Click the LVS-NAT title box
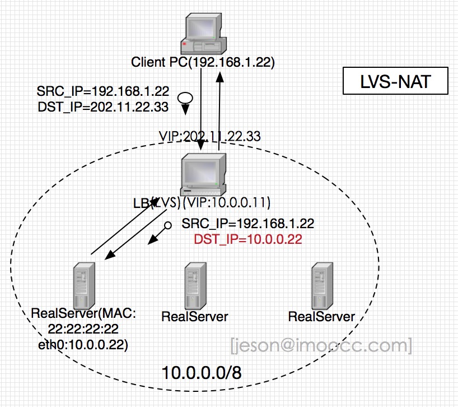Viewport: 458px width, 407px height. pyautogui.click(x=395, y=82)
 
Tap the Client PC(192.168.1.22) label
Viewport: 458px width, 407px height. pyautogui.click(x=203, y=62)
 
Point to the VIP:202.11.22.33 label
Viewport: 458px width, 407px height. pyautogui.click(x=211, y=136)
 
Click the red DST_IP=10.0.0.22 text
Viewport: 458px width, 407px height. pyautogui.click(x=248, y=239)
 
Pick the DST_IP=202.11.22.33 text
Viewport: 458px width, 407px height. pyautogui.click(x=103, y=107)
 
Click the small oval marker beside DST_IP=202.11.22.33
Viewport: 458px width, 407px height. pyautogui.click(x=185, y=98)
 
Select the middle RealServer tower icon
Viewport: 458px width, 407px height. pyautogui.click(x=194, y=284)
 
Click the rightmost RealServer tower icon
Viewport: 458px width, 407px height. pyautogui.click(x=321, y=284)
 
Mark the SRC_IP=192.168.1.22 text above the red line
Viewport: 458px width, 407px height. pyautogui.click(x=248, y=224)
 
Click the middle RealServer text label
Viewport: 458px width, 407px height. pyautogui.click(x=194, y=316)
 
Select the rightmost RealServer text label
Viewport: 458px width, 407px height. pyautogui.click(x=321, y=316)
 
